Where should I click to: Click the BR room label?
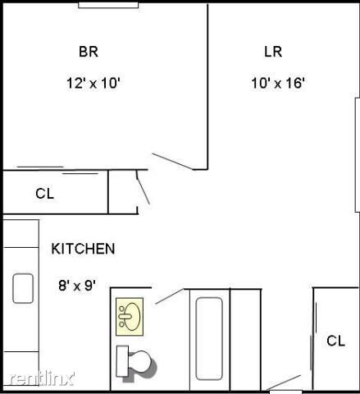(89, 52)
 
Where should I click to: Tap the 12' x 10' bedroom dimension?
(94, 82)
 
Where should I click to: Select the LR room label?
(273, 52)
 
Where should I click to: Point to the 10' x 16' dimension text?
(278, 82)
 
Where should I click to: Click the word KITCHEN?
(83, 248)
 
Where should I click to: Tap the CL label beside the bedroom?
(44, 194)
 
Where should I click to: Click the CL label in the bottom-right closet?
(335, 341)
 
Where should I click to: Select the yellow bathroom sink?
(130, 315)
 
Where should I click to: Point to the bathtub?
(208, 338)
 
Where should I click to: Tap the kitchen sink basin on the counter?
(22, 288)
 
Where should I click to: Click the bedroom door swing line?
(172, 160)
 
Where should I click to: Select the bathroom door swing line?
(169, 295)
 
